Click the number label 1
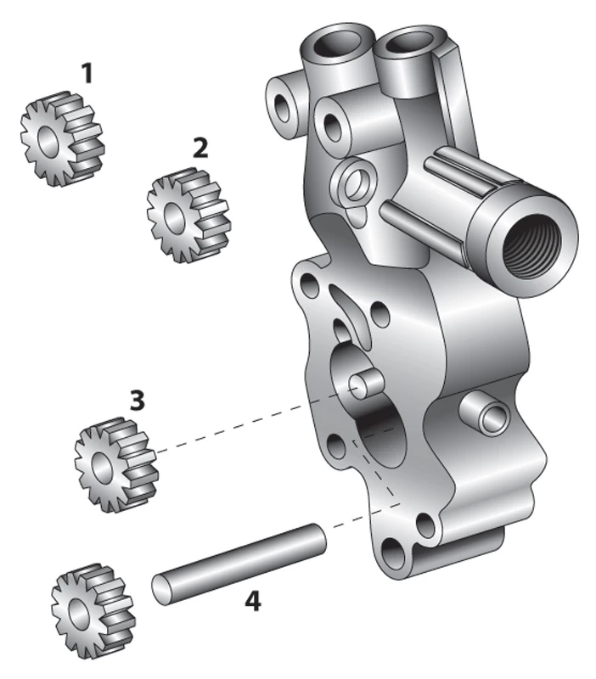[x=87, y=74]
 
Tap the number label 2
[x=200, y=148]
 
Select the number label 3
[x=137, y=401]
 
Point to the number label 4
[x=252, y=601]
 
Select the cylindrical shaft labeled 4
[x=238, y=564]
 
